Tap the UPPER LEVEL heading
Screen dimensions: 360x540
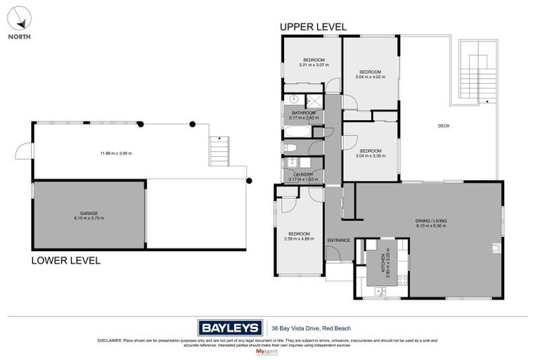tap(313, 27)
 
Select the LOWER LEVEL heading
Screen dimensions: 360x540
tap(65, 260)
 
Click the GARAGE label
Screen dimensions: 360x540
tap(89, 214)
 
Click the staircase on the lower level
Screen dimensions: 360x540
tap(220, 150)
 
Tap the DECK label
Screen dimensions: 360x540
tap(444, 126)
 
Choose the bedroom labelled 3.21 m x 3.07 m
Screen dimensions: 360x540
tap(313, 63)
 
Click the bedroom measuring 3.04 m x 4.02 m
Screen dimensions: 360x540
tap(370, 75)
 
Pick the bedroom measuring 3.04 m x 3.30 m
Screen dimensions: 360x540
tap(370, 153)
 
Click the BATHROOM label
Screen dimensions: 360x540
tap(304, 112)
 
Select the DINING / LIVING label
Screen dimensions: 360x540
tap(430, 223)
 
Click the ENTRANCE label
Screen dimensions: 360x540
tap(338, 240)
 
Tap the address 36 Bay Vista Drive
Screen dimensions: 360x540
tap(311, 328)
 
